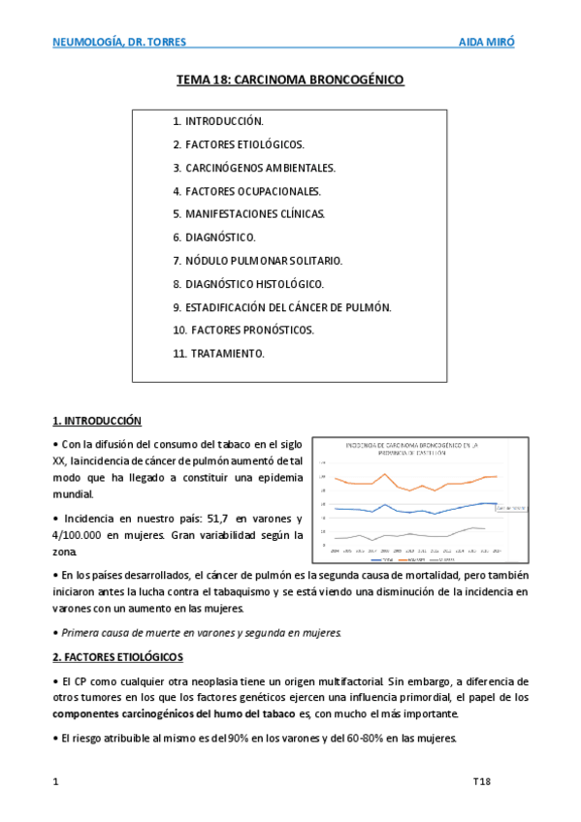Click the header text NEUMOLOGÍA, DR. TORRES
119,43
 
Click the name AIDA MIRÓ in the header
487,43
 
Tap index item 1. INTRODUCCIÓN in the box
218,122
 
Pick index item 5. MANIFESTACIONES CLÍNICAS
249,214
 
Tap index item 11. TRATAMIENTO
218,354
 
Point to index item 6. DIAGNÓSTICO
214,237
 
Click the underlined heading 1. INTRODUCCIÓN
97,421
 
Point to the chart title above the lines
415,447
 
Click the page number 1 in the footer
55,780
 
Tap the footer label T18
482,780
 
